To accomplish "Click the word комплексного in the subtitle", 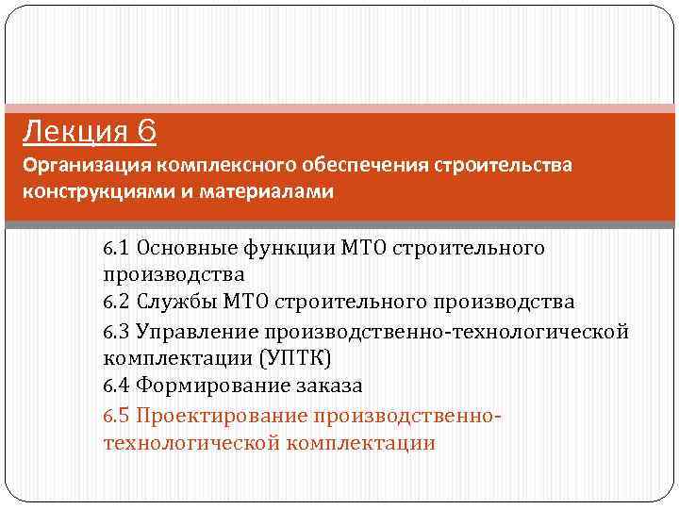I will [x=222, y=166].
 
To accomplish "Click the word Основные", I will [x=184, y=248].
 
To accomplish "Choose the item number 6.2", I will [x=117, y=303].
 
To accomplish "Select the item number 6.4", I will [x=117, y=386].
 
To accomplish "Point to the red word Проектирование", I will [x=223, y=415].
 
